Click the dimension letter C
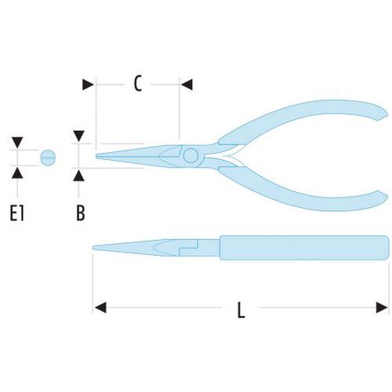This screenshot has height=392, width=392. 138,84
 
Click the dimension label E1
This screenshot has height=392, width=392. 17,213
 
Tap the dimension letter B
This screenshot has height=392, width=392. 81,213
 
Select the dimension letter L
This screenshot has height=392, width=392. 241,310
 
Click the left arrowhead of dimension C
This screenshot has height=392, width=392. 88,85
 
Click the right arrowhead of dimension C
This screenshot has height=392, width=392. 187,85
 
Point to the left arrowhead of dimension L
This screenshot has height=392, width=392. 100,307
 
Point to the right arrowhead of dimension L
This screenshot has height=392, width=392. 382,307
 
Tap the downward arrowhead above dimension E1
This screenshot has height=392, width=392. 17,143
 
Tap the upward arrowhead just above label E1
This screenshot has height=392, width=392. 17,173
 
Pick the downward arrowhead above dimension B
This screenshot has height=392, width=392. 78,136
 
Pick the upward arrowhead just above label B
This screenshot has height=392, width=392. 78,175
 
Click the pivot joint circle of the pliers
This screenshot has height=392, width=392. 191,156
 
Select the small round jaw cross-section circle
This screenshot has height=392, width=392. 48,158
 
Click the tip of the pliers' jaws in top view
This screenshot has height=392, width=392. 96,156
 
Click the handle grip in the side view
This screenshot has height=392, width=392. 304,248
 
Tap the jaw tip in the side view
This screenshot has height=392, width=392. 93,248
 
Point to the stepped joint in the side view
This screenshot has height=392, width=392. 188,248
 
